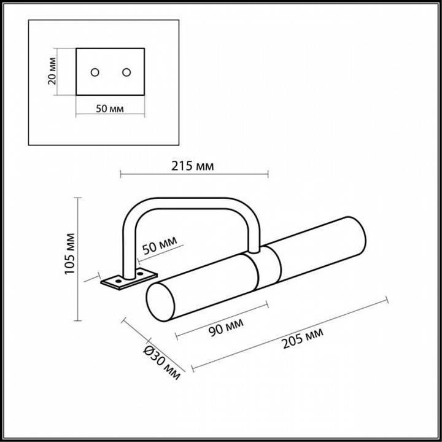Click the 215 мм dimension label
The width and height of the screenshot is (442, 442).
(193, 166)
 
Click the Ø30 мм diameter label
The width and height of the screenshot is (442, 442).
(162, 363)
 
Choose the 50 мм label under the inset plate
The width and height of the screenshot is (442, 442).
(110, 109)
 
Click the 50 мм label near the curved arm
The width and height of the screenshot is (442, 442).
(159, 245)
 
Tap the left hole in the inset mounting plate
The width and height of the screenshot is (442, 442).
(95, 72)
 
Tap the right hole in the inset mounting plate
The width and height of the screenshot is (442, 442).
(126, 72)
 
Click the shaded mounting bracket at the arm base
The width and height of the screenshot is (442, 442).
(129, 279)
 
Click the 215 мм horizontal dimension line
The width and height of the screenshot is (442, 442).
(194, 176)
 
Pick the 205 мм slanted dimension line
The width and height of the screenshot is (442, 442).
(289, 335)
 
